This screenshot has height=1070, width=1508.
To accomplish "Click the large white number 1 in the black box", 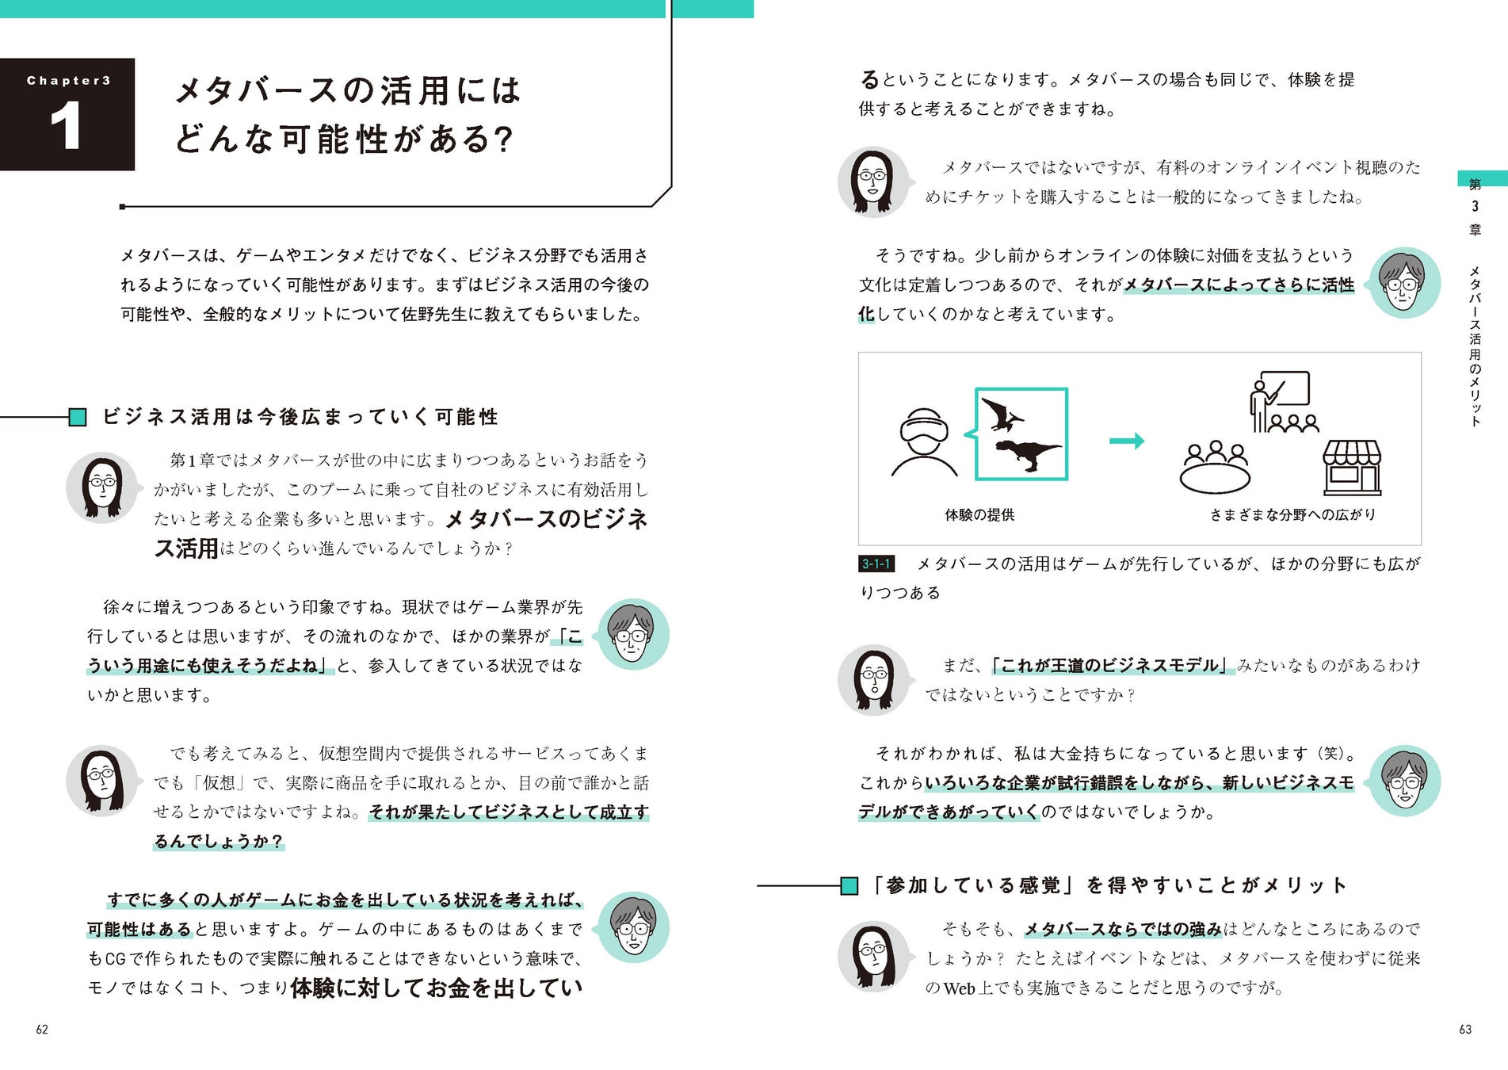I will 66,126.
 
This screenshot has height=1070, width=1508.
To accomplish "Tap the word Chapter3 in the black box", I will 68,80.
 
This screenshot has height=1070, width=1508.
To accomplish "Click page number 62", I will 42,1030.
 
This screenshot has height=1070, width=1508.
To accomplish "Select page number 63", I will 1465,1030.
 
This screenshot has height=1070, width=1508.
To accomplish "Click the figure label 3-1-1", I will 876,564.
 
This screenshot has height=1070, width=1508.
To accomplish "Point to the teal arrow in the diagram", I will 1126,441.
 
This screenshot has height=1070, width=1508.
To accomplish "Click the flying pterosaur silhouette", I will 1002,415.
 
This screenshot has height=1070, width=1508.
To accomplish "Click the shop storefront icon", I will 1352,468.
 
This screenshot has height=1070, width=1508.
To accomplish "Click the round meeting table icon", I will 1215,468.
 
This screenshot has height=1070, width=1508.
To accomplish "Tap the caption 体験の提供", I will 979,515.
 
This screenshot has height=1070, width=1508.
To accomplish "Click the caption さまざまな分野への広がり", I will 1292,515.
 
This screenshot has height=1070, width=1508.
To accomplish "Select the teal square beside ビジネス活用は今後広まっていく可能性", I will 78,417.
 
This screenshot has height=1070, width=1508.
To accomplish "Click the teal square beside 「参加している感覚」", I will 849,885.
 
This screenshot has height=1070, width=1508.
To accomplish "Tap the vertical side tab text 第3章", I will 1475,207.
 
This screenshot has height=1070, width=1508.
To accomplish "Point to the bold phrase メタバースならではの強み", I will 1122,929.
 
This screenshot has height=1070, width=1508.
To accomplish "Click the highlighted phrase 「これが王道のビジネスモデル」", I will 1111,665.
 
